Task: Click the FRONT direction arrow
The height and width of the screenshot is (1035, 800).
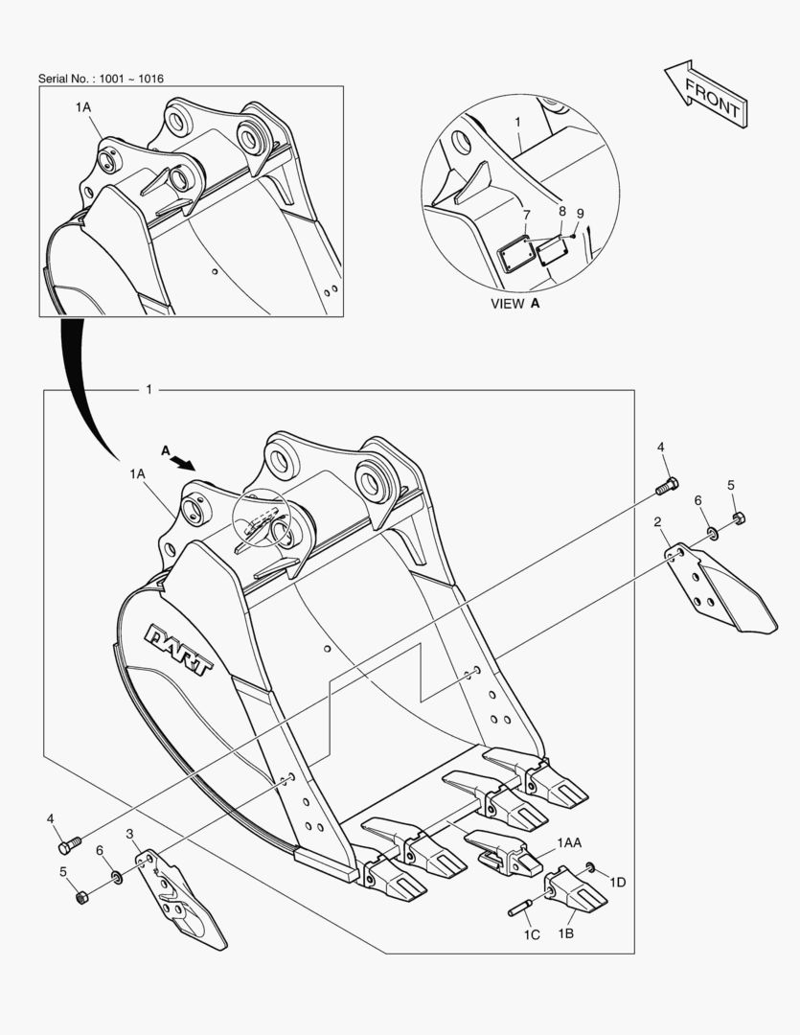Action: (x=706, y=94)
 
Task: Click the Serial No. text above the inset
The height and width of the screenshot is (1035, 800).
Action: (x=101, y=79)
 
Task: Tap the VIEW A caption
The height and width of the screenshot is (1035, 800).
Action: (x=515, y=304)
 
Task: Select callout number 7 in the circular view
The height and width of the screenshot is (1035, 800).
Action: (x=526, y=215)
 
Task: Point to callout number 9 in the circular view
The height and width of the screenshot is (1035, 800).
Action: (x=581, y=214)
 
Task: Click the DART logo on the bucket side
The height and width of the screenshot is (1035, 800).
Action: (x=179, y=650)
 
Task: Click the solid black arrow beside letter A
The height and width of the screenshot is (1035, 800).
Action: (x=183, y=461)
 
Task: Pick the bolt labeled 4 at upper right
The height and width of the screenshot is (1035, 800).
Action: (x=667, y=487)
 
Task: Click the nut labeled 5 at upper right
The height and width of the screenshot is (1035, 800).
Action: (x=740, y=517)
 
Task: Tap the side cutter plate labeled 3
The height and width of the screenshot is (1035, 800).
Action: (x=181, y=899)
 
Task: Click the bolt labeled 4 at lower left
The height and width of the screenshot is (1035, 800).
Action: (x=70, y=844)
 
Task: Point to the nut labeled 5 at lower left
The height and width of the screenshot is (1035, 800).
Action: (x=81, y=898)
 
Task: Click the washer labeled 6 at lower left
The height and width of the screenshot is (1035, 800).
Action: (x=117, y=877)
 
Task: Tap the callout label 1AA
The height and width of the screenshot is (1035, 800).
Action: (x=569, y=842)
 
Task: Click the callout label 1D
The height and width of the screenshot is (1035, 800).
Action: (x=617, y=882)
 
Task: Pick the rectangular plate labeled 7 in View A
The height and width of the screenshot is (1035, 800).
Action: (x=515, y=253)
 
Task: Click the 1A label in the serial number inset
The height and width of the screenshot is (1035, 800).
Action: (x=83, y=107)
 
